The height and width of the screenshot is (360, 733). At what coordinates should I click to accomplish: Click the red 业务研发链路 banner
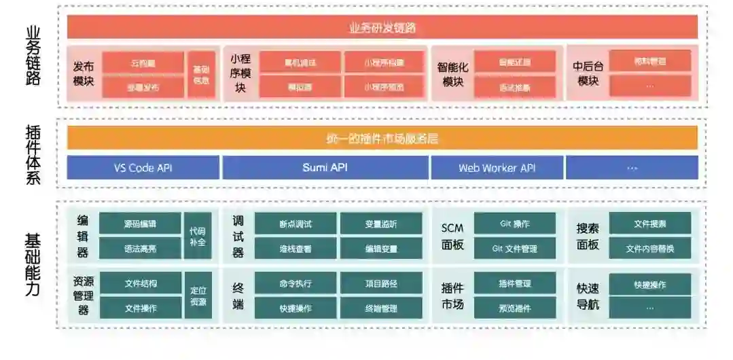tap(382, 27)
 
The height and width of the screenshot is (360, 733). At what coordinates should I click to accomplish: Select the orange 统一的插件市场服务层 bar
tap(382, 138)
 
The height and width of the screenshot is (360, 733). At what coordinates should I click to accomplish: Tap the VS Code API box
tap(143, 168)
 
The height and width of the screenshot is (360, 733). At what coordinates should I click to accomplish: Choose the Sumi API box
tap(325, 168)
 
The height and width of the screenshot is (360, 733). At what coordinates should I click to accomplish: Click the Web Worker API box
tap(497, 168)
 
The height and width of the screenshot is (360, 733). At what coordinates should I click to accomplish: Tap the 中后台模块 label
tap(588, 74)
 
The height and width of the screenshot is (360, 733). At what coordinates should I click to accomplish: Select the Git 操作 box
tap(515, 223)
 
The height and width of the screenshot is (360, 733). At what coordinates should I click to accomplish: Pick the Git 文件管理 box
tap(515, 249)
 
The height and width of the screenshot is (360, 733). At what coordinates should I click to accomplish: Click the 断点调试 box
tap(296, 223)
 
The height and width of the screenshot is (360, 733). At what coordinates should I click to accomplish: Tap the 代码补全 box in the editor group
tap(198, 236)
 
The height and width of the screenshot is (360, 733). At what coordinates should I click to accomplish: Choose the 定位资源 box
tap(198, 295)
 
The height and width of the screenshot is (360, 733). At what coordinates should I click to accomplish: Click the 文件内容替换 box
tap(650, 249)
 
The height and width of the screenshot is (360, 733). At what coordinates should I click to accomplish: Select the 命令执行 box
tap(296, 283)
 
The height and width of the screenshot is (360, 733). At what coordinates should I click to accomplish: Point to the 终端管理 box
tap(380, 308)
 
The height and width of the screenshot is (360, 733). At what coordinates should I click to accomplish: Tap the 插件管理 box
tap(515, 283)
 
